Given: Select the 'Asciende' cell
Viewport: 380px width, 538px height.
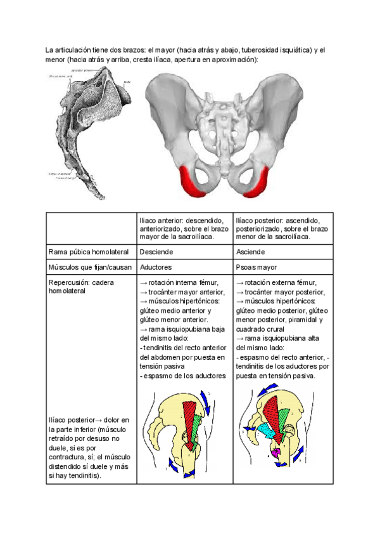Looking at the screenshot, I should coord(251,252).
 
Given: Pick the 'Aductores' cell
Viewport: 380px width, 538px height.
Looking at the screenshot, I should coord(156,267).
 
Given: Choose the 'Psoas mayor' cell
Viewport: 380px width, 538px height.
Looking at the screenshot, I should coord(256,267).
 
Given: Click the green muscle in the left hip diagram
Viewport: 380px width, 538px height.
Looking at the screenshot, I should coord(198,421).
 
